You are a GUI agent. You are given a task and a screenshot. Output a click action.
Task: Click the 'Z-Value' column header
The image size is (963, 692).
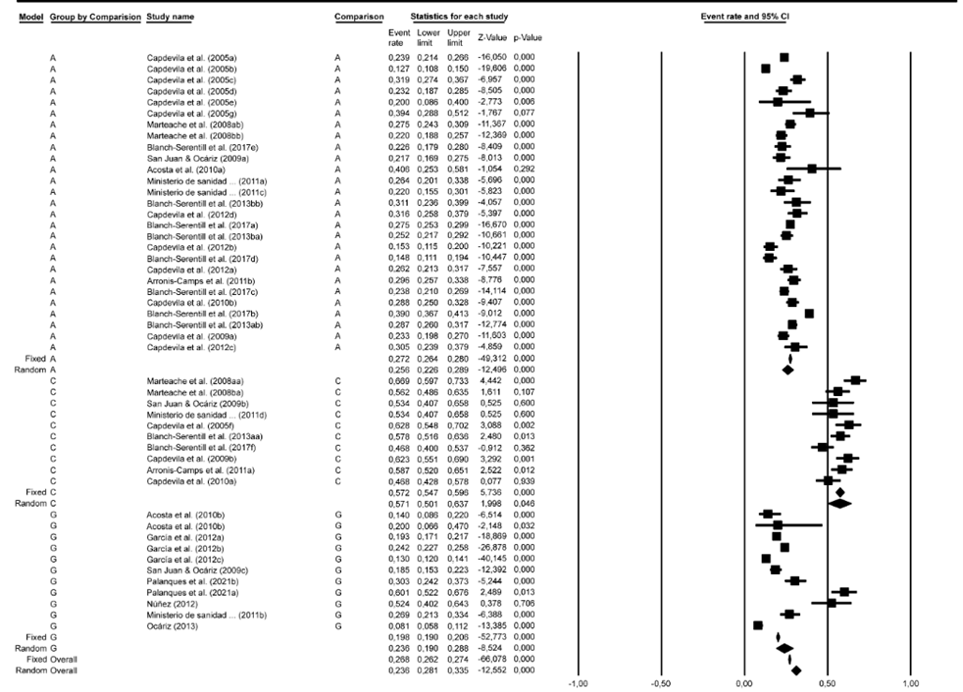tap(491, 38)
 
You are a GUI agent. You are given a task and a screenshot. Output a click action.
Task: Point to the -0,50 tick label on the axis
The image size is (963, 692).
tap(659, 682)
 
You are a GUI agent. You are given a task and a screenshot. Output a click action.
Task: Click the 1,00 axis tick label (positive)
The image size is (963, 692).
tap(911, 682)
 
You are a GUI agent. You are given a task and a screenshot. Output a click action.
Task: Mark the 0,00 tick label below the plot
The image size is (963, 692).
tap(743, 682)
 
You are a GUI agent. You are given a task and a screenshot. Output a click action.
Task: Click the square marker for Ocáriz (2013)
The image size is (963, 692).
tap(757, 625)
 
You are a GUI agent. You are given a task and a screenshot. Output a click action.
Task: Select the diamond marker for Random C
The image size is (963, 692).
tap(839, 504)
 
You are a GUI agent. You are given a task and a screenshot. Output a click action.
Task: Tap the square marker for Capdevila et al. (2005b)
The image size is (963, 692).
tap(765, 69)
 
